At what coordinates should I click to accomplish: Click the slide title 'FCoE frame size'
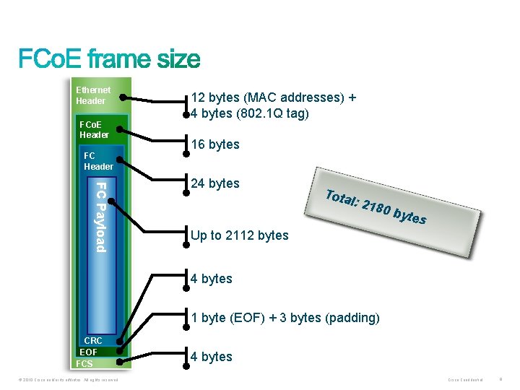pyautogui.click(x=109, y=58)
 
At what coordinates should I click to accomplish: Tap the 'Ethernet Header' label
pyautogui.click(x=93, y=95)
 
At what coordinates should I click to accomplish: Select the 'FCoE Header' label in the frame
pyautogui.click(x=94, y=129)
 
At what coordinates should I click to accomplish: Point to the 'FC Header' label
pyautogui.click(x=98, y=161)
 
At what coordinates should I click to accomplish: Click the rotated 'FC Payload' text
pyautogui.click(x=101, y=217)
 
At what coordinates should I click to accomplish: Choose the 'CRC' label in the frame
pyautogui.click(x=93, y=340)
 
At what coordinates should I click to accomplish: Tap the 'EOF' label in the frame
pyautogui.click(x=88, y=352)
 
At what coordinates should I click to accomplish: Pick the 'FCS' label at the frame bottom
pyautogui.click(x=84, y=363)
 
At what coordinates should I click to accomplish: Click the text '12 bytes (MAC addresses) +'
pyautogui.click(x=274, y=97)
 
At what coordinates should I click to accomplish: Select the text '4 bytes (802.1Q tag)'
pyautogui.click(x=250, y=113)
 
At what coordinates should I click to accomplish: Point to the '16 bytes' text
pyautogui.click(x=215, y=144)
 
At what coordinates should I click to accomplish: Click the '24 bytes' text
pyautogui.click(x=215, y=183)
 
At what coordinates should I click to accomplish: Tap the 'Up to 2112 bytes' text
pyautogui.click(x=239, y=235)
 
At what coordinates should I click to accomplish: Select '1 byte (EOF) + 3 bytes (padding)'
pyautogui.click(x=285, y=318)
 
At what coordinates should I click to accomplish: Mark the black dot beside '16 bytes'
pyautogui.click(x=186, y=152)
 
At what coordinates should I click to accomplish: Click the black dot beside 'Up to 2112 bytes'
pyautogui.click(x=186, y=240)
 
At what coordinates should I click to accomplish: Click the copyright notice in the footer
pyautogui.click(x=66, y=379)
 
